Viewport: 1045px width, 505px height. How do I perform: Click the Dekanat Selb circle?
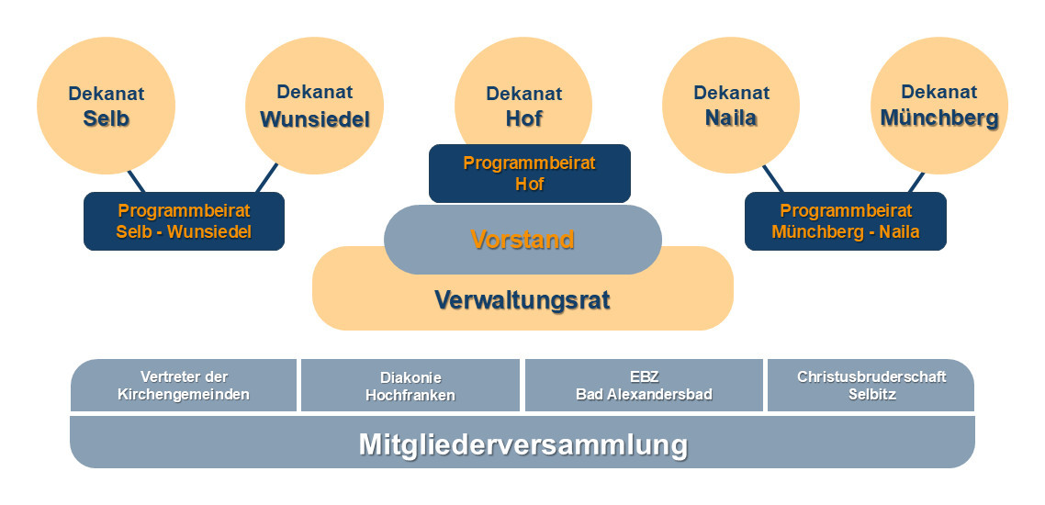106,106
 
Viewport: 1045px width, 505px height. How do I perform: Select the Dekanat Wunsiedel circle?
315,106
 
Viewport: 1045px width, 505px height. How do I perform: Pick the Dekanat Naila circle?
731,106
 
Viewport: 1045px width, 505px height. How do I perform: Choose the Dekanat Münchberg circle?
938,106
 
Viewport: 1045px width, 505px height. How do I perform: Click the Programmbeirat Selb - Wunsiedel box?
184,221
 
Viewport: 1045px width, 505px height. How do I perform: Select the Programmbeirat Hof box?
529,174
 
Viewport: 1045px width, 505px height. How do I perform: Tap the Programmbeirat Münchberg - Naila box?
845,221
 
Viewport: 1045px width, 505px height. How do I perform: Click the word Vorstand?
522,240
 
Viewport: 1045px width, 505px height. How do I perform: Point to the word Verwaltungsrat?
522,300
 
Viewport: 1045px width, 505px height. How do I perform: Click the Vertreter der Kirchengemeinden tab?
184,386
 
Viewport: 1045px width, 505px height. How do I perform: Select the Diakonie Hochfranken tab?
410,387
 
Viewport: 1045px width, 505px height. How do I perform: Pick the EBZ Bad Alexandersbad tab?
644,386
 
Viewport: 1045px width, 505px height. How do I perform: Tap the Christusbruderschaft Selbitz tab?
871,386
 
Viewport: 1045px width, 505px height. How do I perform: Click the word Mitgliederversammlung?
522,444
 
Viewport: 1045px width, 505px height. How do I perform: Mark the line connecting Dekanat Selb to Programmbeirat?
136,181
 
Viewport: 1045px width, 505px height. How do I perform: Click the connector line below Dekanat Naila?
773,179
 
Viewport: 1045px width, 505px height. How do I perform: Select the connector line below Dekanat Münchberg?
916,182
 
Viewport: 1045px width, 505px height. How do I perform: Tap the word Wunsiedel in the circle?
315,119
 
